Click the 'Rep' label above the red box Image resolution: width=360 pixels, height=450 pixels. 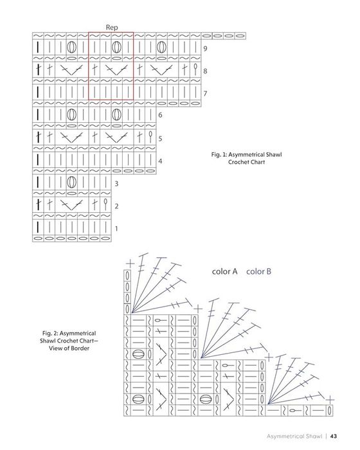click(x=112, y=28)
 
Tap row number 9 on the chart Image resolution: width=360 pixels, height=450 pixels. click(x=205, y=48)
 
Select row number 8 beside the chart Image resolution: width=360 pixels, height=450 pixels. click(x=205, y=71)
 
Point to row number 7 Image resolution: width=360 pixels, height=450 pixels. click(x=205, y=93)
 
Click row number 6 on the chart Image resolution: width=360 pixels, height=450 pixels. click(x=160, y=115)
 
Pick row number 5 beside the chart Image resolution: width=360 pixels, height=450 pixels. click(x=160, y=138)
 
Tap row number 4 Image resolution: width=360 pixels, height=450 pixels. click(x=160, y=161)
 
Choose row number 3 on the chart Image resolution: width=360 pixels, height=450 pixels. click(x=116, y=183)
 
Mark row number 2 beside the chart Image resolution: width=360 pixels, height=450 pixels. click(x=116, y=206)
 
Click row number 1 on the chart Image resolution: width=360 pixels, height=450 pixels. click(x=116, y=229)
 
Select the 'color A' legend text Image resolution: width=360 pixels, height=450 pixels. click(x=224, y=271)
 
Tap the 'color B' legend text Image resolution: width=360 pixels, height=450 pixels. click(x=258, y=271)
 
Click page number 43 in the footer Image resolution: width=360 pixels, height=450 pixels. click(x=333, y=437)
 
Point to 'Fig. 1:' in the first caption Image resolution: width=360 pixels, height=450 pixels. click(x=219, y=155)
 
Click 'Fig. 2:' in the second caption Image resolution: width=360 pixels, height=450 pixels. click(x=50, y=334)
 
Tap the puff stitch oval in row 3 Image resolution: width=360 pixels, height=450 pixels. click(x=72, y=182)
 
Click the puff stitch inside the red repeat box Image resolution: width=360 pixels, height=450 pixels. click(x=116, y=47)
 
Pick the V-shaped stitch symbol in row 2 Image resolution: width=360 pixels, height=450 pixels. click(x=71, y=206)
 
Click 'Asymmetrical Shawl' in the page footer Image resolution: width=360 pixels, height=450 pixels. click(x=294, y=437)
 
